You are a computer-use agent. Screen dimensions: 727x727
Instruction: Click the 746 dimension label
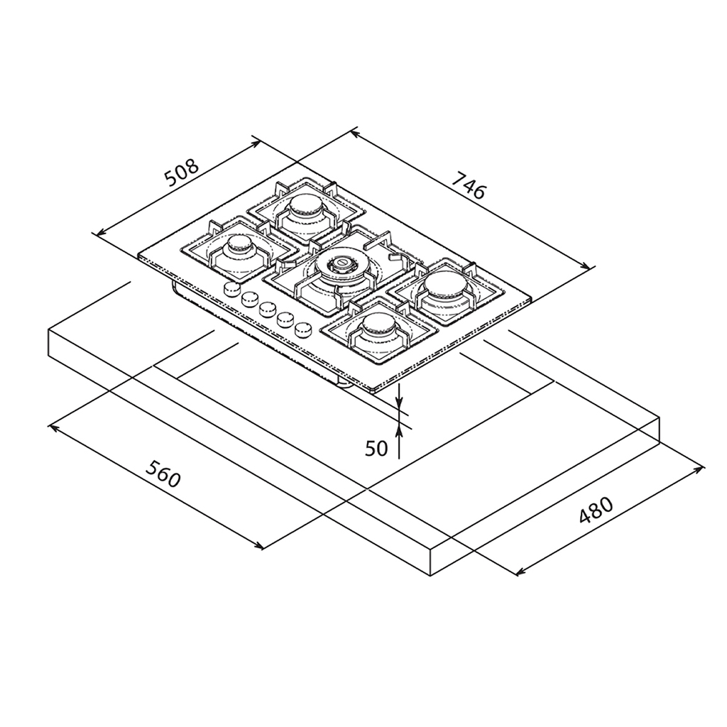tap(469, 185)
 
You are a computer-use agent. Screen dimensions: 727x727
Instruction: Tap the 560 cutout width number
tap(163, 474)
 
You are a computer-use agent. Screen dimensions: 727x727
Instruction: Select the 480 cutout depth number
tap(596, 510)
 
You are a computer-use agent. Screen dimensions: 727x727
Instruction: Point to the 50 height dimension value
tap(376, 449)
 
